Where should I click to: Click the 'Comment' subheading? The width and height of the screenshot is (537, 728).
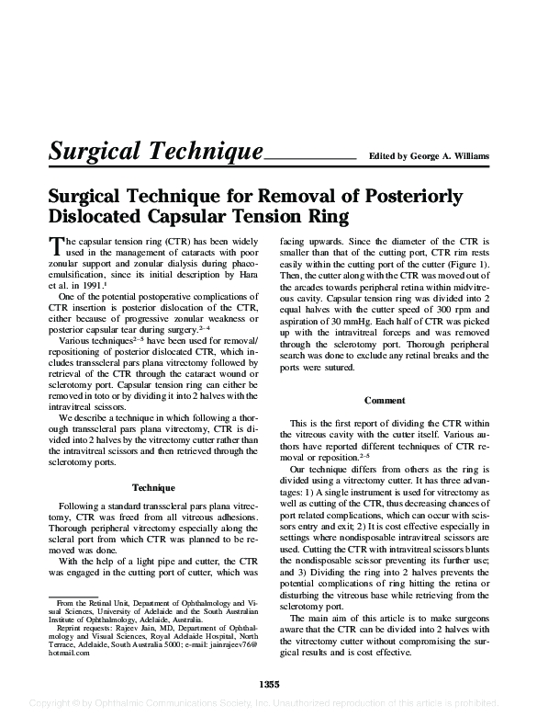(386, 401)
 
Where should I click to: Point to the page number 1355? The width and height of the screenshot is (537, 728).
(269, 684)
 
